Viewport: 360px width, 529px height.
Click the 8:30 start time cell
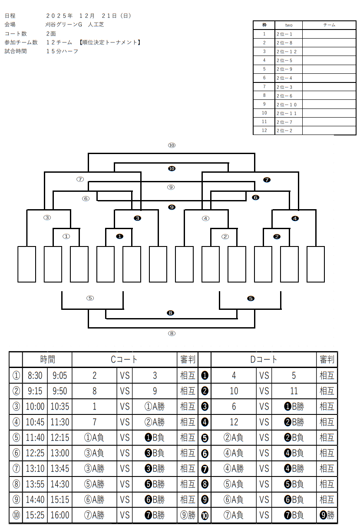coord(35,375)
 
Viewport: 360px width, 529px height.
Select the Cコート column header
coord(124,359)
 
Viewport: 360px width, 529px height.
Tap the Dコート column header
coord(264,359)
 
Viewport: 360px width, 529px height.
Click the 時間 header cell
coord(48,359)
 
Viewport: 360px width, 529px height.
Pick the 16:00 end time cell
coord(59,515)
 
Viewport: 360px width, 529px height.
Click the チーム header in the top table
coord(329,25)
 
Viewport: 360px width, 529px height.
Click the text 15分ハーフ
coord(63,51)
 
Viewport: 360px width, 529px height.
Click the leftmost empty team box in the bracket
coord(27,264)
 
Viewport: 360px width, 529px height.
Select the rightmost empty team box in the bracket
coord(316,264)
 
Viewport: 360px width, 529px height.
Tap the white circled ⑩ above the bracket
coord(172,145)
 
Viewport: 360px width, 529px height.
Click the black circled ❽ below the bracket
coord(171,313)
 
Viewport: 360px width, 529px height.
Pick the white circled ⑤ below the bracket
coord(90,298)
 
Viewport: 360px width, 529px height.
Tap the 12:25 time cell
coord(35,453)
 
